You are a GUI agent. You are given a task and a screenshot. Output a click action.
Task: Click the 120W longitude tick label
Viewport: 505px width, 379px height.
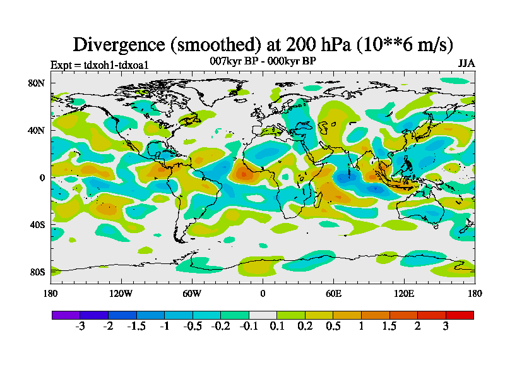[121, 293]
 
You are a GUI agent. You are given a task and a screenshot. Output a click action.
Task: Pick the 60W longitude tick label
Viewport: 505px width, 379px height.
[192, 293]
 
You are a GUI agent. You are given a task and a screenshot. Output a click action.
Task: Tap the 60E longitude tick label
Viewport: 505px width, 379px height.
[333, 293]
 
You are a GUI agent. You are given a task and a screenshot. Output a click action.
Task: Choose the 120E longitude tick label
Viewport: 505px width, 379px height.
[404, 293]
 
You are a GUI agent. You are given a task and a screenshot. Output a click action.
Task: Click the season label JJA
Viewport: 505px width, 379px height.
[466, 64]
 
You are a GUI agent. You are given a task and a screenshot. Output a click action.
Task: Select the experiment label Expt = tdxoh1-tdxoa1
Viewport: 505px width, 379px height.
[99, 64]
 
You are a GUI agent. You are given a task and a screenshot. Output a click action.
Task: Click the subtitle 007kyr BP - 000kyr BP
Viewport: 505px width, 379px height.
[263, 61]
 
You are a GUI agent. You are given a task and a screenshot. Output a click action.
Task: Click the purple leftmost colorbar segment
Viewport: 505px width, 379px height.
[66, 315]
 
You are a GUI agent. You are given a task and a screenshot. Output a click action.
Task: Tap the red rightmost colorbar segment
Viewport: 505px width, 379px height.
[460, 315]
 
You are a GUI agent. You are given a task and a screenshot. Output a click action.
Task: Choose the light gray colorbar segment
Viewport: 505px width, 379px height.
[263, 315]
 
